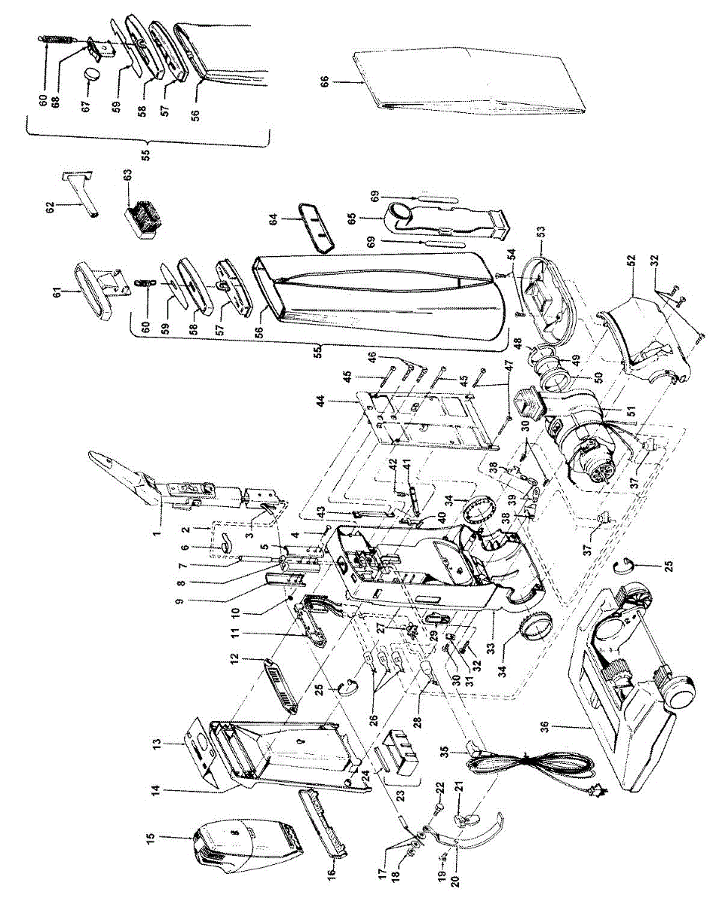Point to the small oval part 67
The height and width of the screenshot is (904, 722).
click(93, 75)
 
